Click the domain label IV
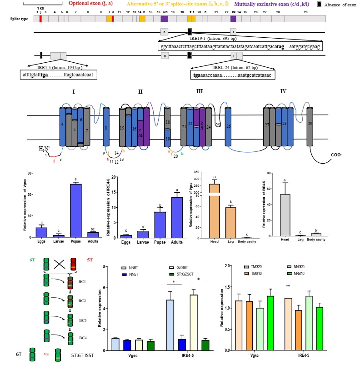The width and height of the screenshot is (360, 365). click(x=283, y=91)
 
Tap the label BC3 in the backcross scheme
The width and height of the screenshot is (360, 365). click(x=82, y=320)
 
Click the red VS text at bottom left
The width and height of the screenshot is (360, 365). click(x=46, y=354)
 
